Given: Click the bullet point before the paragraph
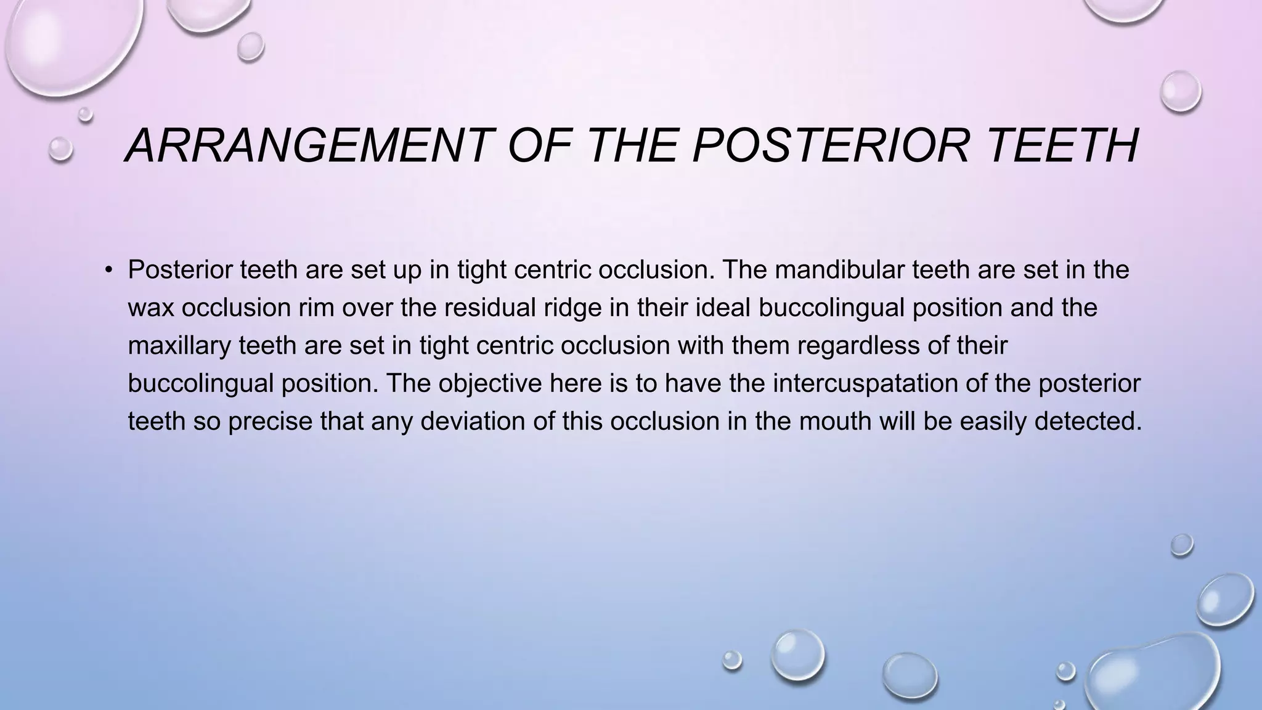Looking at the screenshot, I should [x=109, y=271].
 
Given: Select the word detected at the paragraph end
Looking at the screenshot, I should [x=1088, y=422].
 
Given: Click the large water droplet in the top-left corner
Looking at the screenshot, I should [x=68, y=43].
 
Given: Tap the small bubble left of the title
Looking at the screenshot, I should [x=60, y=149].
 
